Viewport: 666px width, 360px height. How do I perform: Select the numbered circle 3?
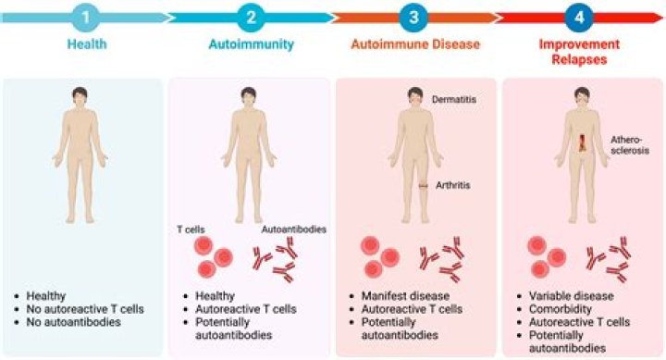coord(413,18)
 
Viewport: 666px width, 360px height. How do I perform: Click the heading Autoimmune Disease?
coord(413,43)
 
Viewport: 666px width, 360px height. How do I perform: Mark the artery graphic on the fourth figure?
coord(582,146)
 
